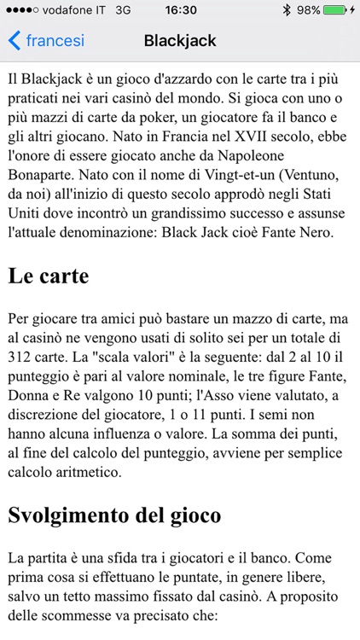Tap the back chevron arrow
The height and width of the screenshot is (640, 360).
[14, 40]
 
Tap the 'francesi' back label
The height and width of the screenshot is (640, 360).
[55, 40]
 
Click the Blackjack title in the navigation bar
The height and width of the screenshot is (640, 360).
[180, 40]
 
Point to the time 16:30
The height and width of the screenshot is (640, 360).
[180, 10]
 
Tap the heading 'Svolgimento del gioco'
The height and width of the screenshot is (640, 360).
[114, 515]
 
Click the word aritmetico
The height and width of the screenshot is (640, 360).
[93, 471]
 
